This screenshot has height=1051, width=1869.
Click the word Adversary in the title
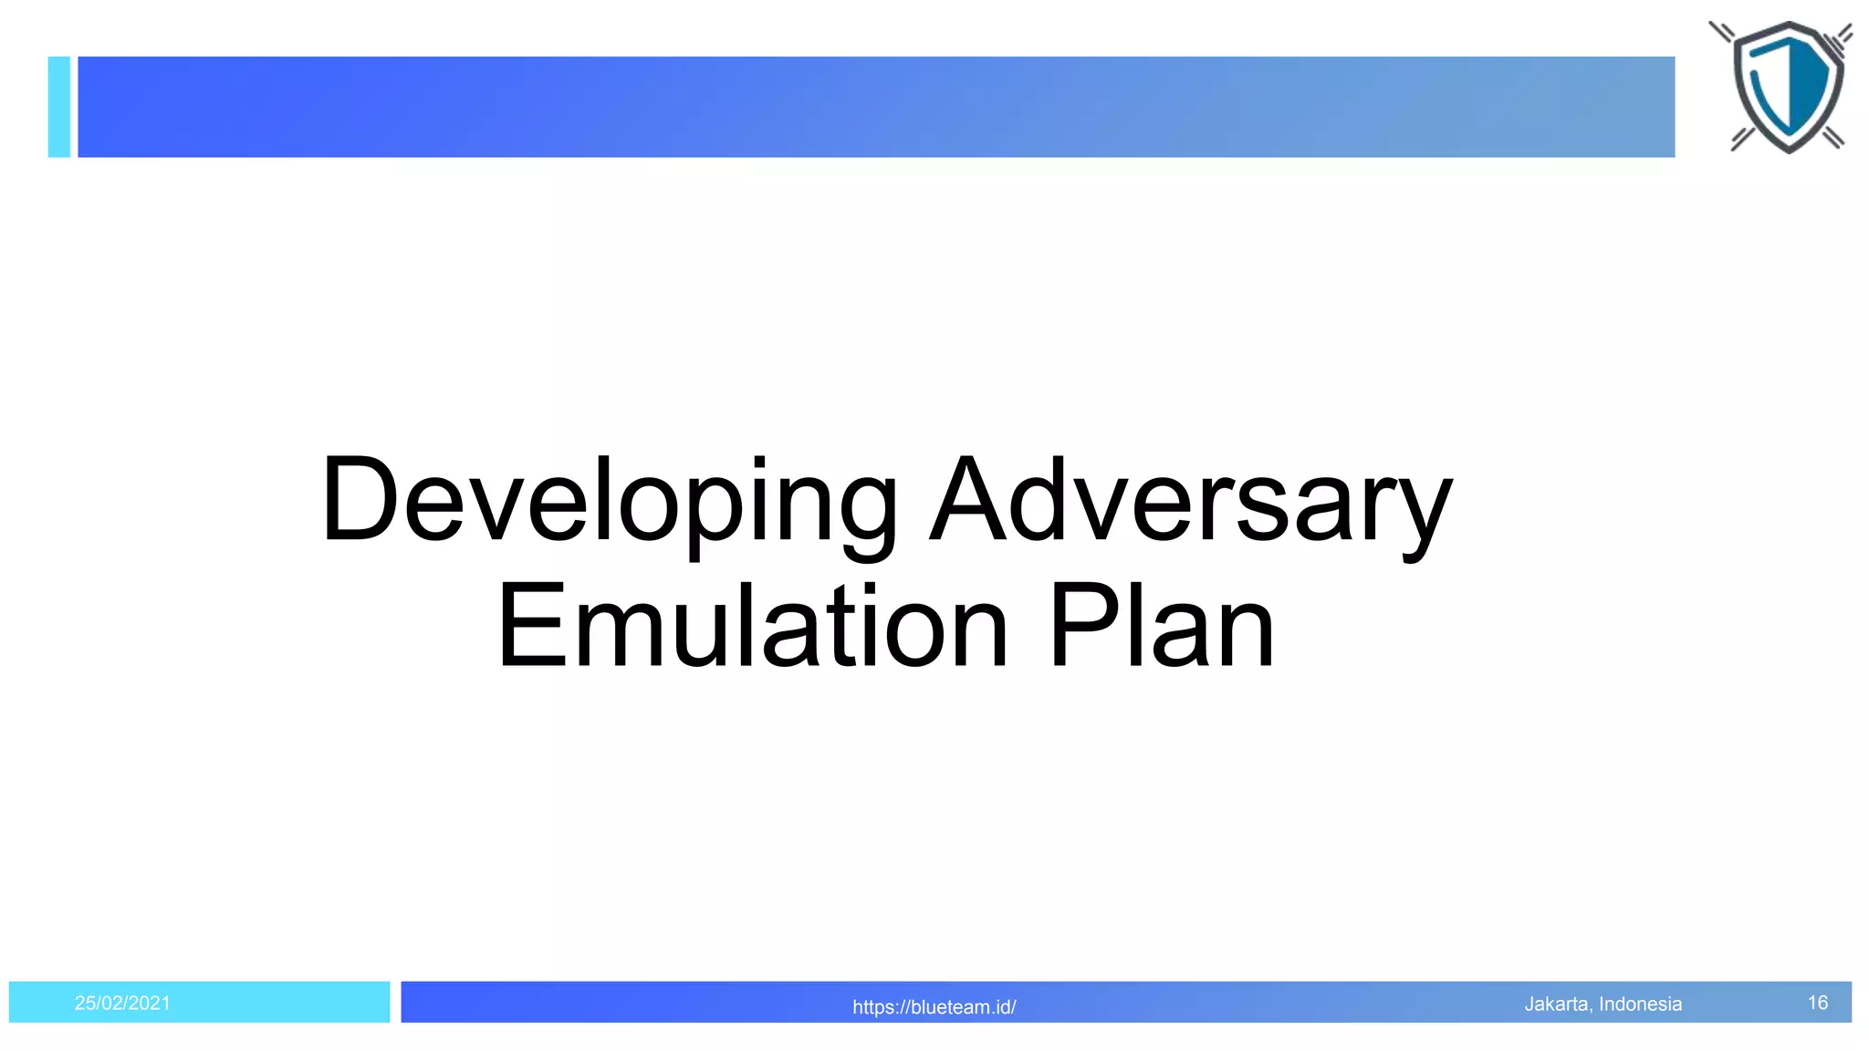(x=1190, y=502)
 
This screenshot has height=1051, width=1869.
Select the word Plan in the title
(x=1161, y=628)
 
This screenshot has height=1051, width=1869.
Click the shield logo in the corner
(x=1787, y=87)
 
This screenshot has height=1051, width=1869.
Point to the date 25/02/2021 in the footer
(x=122, y=1004)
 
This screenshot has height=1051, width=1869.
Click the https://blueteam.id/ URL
(x=934, y=1007)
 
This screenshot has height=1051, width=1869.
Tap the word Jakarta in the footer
(x=1557, y=1004)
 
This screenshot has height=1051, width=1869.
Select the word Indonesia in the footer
(x=1640, y=1004)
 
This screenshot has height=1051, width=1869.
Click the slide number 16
(x=1817, y=1003)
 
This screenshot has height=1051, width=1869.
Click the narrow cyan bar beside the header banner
(x=59, y=107)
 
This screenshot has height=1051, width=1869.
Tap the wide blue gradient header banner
(x=876, y=107)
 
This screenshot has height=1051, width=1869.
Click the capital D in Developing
(x=358, y=500)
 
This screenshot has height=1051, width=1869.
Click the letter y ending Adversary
(x=1420, y=515)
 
